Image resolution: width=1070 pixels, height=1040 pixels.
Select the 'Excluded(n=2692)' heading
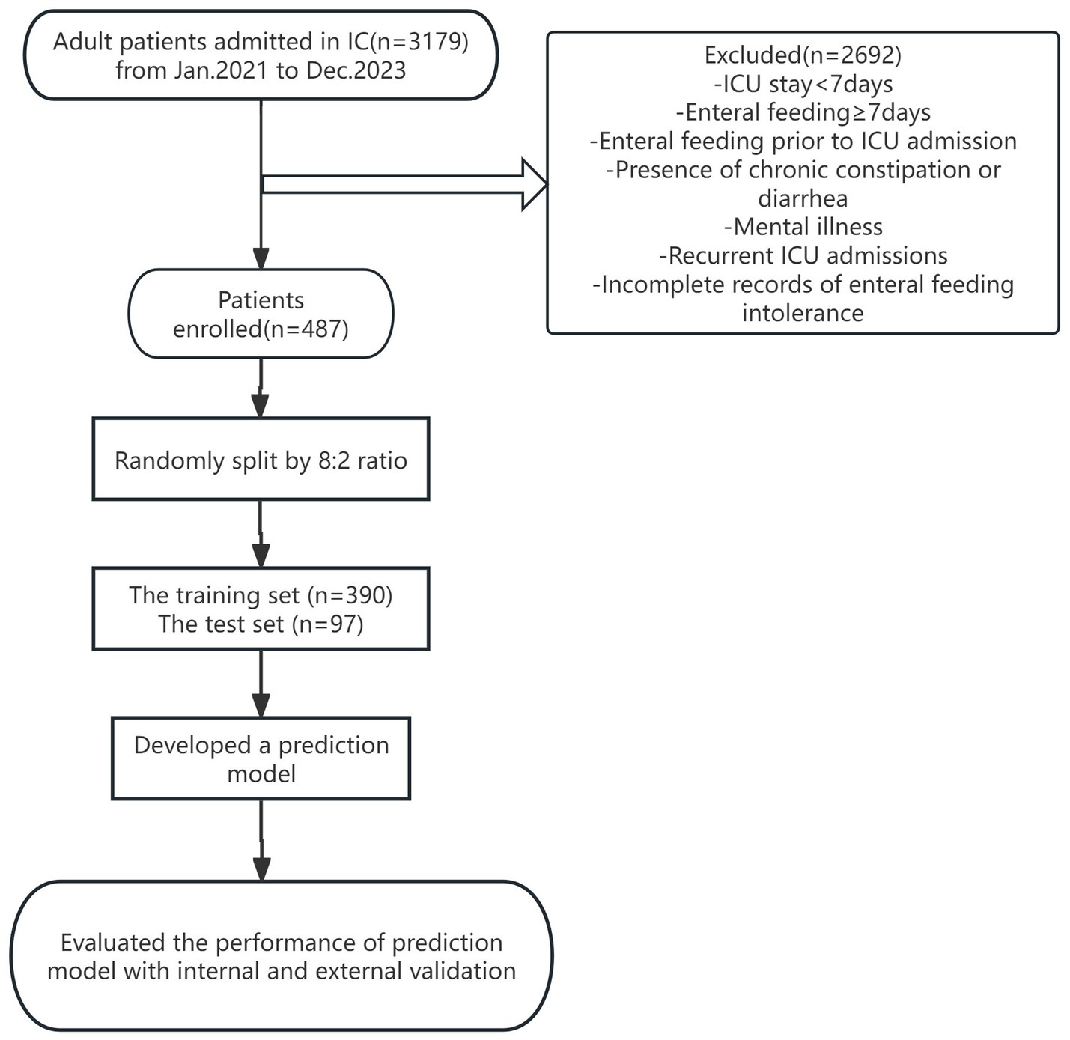(x=803, y=55)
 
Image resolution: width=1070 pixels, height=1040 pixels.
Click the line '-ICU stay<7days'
(x=803, y=83)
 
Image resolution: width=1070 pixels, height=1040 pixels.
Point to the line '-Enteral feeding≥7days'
(x=803, y=112)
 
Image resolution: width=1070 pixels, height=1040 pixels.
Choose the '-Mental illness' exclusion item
(x=803, y=227)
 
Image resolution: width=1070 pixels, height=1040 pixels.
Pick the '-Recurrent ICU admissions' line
(x=803, y=256)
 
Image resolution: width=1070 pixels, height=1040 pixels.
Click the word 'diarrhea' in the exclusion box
(x=803, y=198)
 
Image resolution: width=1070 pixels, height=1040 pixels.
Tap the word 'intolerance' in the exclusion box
(x=803, y=313)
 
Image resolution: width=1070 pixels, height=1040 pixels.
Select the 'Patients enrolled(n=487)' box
(x=261, y=314)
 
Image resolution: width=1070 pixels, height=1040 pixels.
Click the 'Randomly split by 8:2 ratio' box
(x=261, y=460)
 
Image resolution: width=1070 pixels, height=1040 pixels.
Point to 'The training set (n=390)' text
(x=261, y=595)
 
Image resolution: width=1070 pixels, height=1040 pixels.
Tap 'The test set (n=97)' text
(x=261, y=624)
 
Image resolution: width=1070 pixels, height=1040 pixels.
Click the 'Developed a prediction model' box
(x=261, y=759)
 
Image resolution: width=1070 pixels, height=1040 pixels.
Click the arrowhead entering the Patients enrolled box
(x=261, y=258)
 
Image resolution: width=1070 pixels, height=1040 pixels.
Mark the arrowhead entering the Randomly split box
(x=260, y=406)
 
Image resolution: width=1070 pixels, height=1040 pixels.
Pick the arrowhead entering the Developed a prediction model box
(x=261, y=705)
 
